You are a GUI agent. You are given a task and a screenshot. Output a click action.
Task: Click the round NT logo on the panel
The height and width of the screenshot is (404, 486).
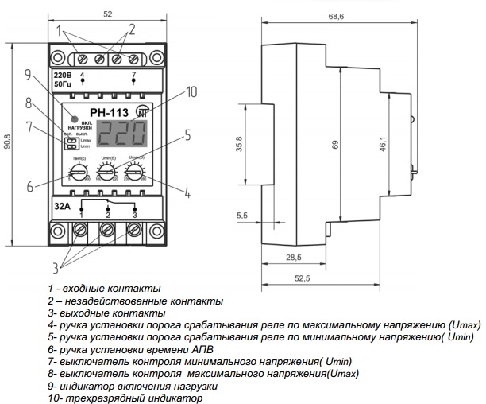click(x=141, y=111)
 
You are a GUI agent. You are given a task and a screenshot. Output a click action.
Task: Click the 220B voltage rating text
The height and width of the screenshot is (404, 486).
click(x=64, y=74)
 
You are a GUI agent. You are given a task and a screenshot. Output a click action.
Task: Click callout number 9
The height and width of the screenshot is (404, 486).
click(x=27, y=76)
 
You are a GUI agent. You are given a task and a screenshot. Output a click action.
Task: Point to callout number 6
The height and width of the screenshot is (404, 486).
click(x=29, y=188)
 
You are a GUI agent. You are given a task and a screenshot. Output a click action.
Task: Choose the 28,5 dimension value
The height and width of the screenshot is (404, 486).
click(x=294, y=258)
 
